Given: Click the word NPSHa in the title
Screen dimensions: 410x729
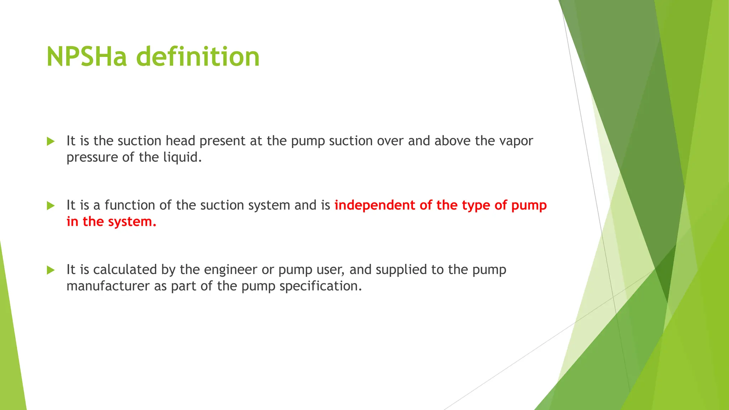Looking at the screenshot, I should click(86, 57).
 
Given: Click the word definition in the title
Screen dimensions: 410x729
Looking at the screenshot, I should click(198, 57).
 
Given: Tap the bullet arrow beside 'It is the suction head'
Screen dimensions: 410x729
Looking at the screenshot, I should click(51, 141).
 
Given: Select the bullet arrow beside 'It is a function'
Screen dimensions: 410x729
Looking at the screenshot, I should click(51, 206).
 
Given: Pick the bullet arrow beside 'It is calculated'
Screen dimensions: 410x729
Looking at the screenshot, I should click(51, 270).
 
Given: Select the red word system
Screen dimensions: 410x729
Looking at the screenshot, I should click(132, 222).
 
